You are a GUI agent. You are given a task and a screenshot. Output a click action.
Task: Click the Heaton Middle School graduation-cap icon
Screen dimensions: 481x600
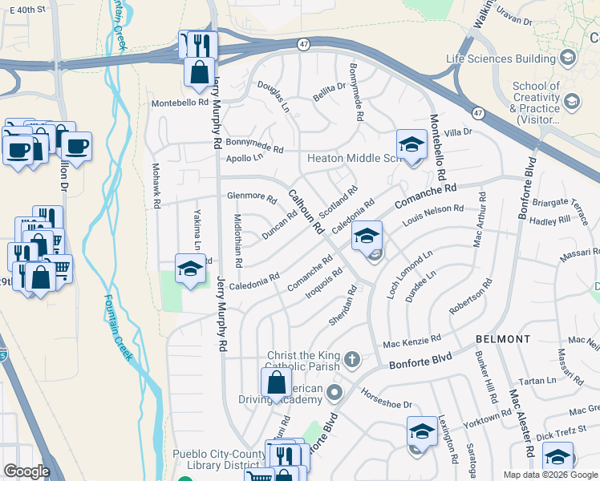pyautogui.click(x=411, y=145)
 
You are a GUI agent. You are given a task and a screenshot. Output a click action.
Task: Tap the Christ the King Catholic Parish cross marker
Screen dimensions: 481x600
pyautogui.click(x=352, y=358)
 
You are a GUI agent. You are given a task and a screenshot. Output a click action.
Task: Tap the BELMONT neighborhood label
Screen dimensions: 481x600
pyautogui.click(x=503, y=339)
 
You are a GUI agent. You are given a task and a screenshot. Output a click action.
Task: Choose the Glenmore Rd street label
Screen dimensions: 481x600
pyautogui.click(x=252, y=197)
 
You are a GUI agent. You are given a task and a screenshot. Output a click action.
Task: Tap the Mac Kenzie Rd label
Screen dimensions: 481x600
pyautogui.click(x=411, y=342)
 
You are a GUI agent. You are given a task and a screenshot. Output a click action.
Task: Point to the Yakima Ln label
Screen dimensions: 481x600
pyautogui.click(x=197, y=230)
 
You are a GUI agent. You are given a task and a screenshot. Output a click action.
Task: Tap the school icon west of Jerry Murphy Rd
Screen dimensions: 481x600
pyautogui.click(x=191, y=269)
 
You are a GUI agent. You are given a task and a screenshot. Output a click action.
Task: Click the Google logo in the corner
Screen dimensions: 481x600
pyautogui.click(x=27, y=471)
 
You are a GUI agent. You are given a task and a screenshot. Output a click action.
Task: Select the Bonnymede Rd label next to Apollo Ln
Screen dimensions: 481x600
pyautogui.click(x=254, y=145)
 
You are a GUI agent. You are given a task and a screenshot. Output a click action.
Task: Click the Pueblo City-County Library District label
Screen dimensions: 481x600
pyautogui.click(x=219, y=459)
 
